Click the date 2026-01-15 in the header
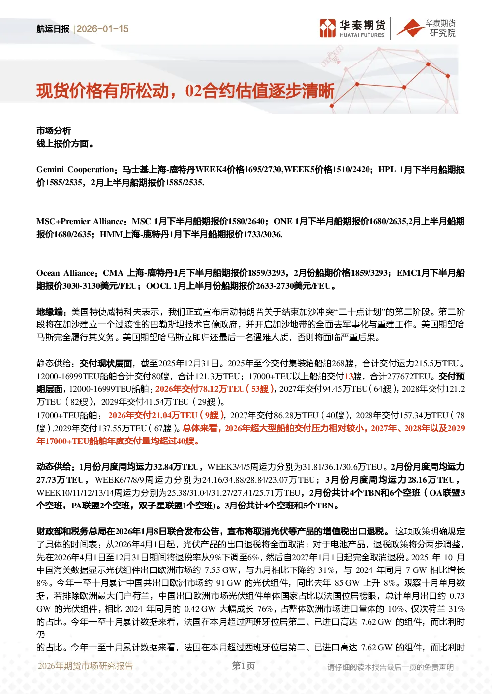(103, 29)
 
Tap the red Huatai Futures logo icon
(328, 28)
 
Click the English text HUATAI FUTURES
(362, 35)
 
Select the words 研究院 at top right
(442, 33)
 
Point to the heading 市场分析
(54, 131)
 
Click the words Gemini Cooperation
(75, 169)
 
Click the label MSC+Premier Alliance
(80, 221)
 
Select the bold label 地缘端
(50, 312)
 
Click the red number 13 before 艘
(348, 376)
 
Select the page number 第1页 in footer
(244, 666)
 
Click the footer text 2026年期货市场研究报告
(85, 666)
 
